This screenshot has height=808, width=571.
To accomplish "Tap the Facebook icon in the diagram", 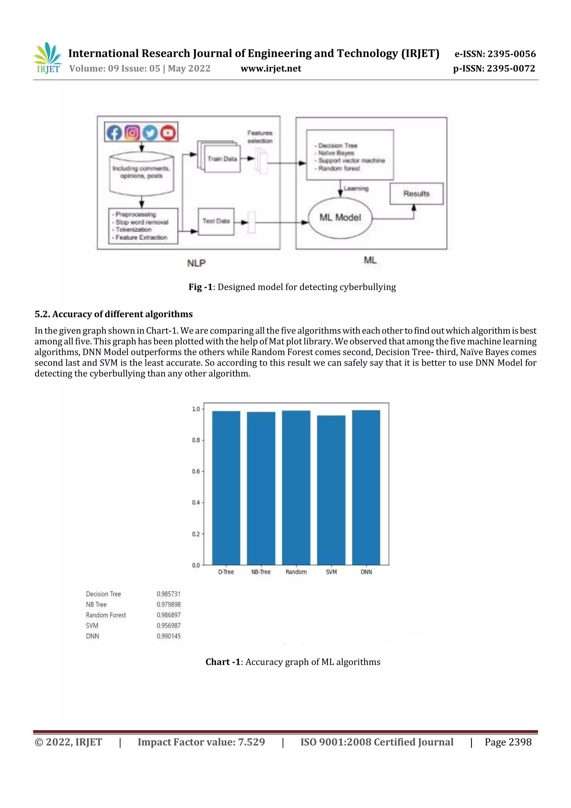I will point(114,133).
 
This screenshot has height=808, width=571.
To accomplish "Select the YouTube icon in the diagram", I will point(168,133).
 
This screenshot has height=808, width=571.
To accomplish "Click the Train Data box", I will point(222,159).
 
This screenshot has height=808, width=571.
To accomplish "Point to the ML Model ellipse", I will point(340,218).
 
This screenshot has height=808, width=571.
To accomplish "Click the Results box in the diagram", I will point(416,194).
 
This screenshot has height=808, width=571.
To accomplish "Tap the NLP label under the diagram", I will point(196,263).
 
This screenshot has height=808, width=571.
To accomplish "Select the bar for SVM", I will point(331,490).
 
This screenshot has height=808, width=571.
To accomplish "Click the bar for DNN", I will point(366,488).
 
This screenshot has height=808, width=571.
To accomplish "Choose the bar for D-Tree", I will point(226,488).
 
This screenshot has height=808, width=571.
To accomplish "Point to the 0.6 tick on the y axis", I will point(196,471).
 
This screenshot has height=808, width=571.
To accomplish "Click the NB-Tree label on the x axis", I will point(261,572).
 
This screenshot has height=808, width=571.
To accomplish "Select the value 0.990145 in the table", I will point(168,636).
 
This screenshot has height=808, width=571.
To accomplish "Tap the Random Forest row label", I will point(106,615).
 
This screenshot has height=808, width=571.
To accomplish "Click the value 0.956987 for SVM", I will point(168,625).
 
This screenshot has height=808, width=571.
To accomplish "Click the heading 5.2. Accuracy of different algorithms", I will point(114,314).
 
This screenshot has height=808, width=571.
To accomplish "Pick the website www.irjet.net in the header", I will point(270,68).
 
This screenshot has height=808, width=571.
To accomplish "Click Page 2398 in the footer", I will point(508,742).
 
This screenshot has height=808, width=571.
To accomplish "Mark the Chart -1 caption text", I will point(293,662).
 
